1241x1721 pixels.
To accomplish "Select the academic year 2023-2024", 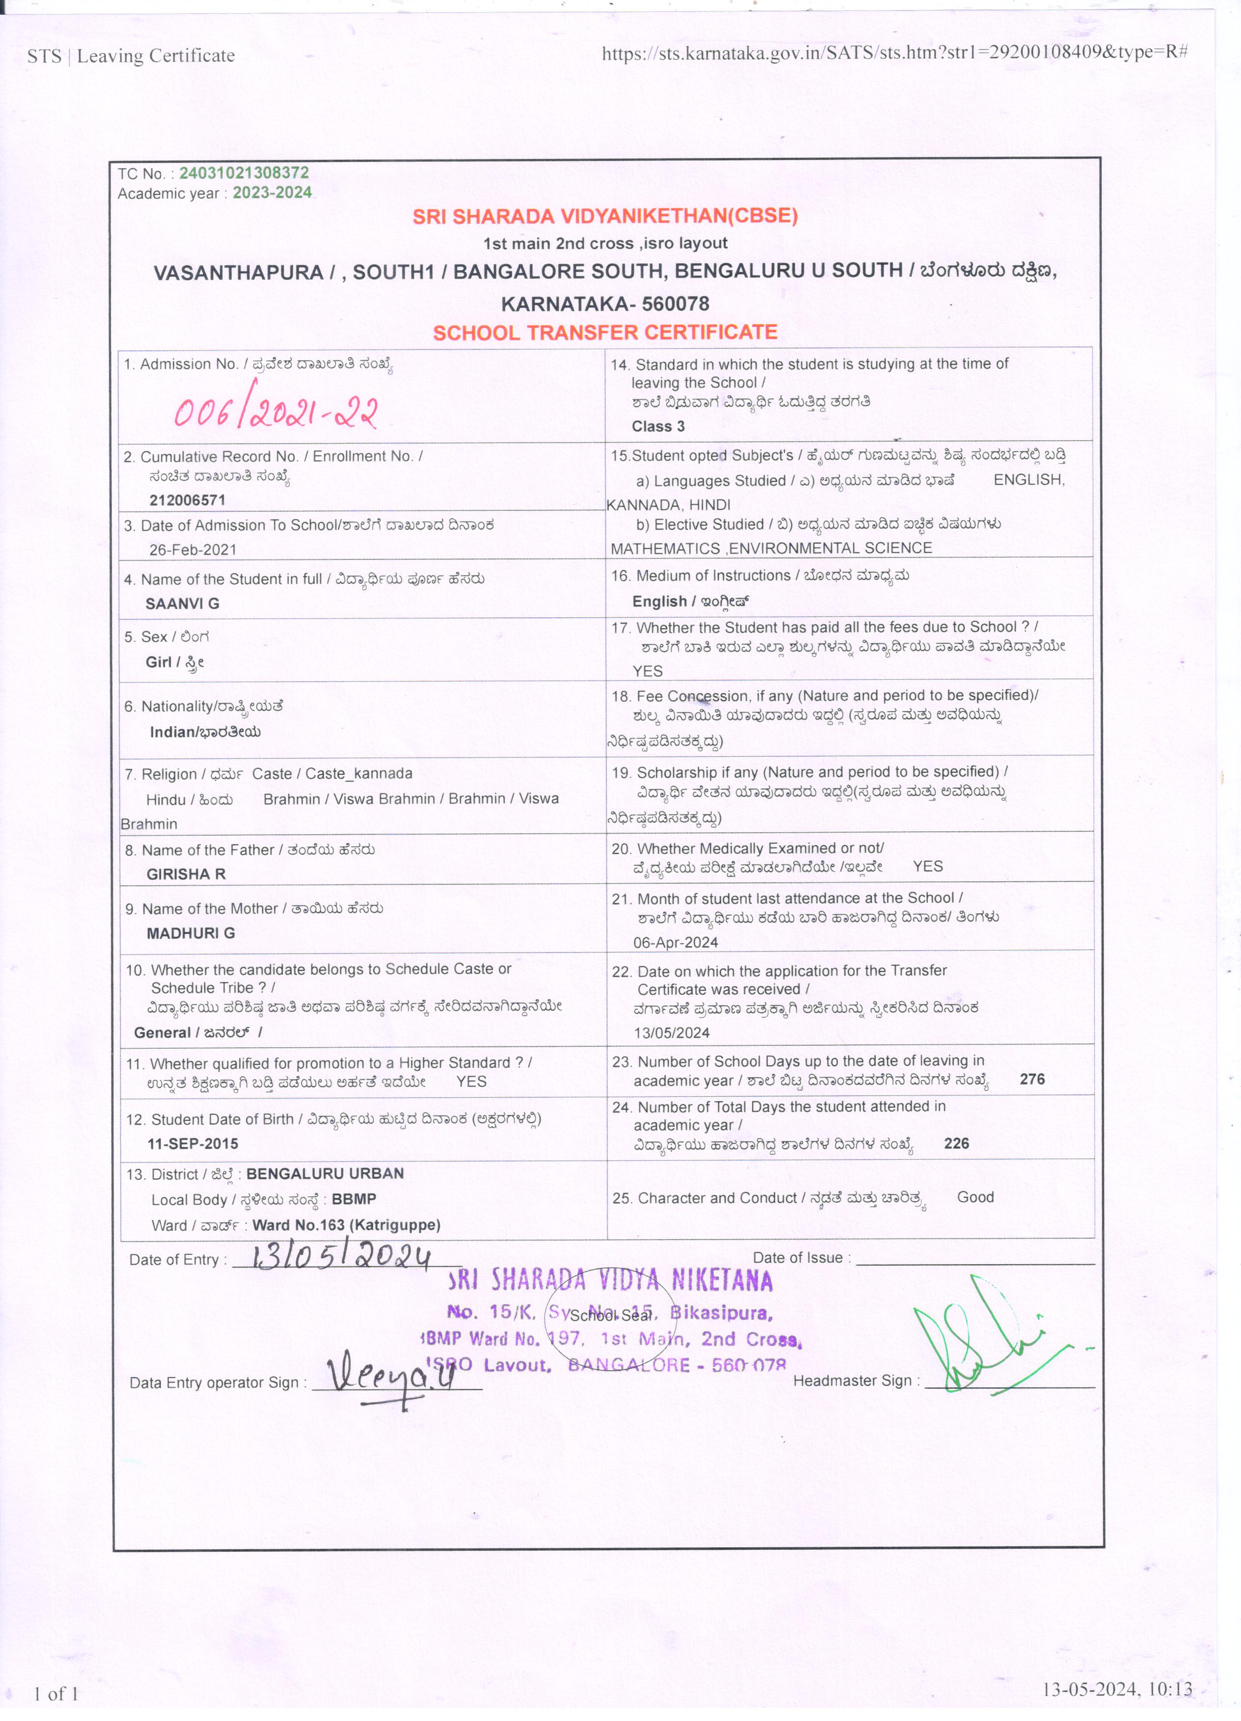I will tap(272, 193).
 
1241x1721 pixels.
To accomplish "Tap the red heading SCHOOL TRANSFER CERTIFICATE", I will tap(605, 332).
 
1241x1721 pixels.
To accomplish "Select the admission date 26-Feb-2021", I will tap(193, 550).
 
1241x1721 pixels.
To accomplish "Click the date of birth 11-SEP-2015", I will tap(193, 1143).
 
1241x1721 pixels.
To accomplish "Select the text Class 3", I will tap(658, 426).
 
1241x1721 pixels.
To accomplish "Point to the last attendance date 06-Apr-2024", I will tap(675, 942).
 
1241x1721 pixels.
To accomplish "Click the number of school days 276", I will tap(1032, 1079).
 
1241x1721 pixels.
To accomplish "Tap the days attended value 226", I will tap(956, 1143).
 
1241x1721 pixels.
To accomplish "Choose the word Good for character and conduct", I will tap(975, 1197).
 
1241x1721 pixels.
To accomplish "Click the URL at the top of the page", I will tap(894, 53).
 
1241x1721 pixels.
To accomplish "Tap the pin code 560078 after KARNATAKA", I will tap(675, 304).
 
